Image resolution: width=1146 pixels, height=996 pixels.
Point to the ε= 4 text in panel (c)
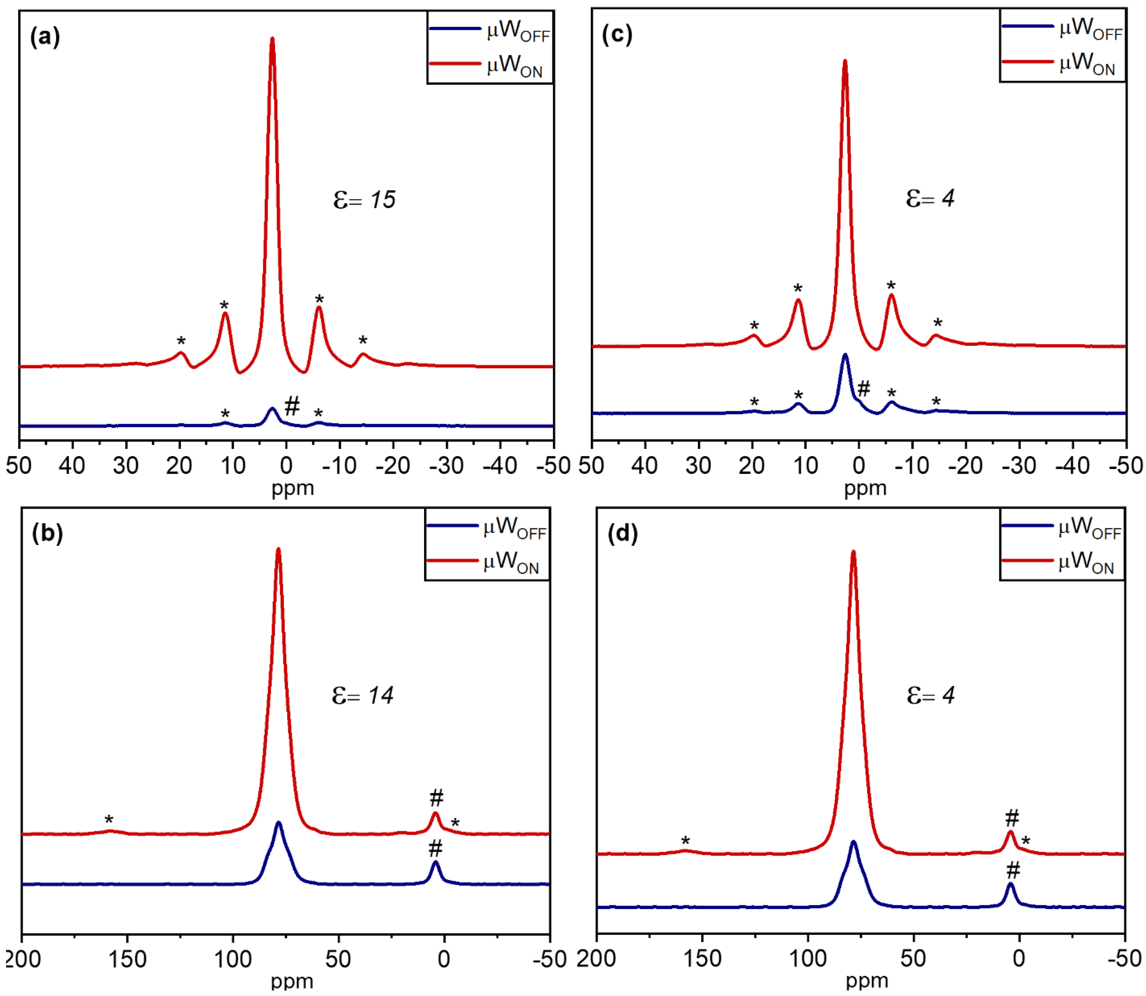click(x=930, y=198)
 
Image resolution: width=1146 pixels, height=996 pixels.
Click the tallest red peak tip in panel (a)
click(x=272, y=39)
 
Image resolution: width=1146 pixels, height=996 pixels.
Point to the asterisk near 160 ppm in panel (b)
click(x=109, y=820)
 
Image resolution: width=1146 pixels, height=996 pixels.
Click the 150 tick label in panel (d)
click(x=703, y=959)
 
